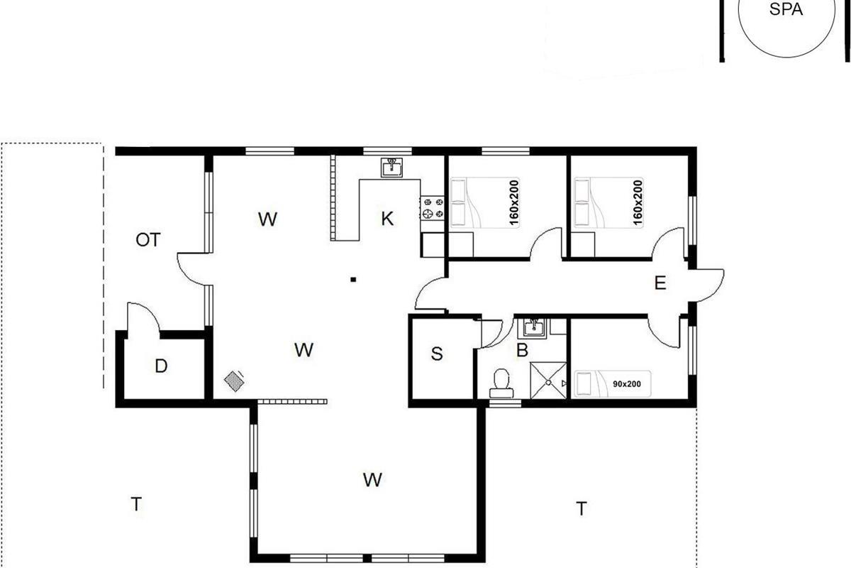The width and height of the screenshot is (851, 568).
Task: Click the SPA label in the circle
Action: (x=786, y=9)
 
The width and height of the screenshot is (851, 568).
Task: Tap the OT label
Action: (x=148, y=240)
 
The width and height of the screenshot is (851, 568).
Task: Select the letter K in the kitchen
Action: (x=387, y=219)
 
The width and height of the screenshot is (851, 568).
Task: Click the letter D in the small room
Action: (x=161, y=366)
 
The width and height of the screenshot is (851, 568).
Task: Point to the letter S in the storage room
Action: (x=437, y=354)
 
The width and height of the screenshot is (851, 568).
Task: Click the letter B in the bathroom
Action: (x=523, y=350)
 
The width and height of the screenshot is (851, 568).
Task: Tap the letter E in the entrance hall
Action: (x=660, y=283)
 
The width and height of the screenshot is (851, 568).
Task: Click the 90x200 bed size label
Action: (x=627, y=384)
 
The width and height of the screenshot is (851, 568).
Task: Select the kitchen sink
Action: (x=391, y=168)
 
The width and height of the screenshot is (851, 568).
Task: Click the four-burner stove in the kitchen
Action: (x=433, y=208)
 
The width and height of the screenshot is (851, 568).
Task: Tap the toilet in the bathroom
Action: (x=501, y=383)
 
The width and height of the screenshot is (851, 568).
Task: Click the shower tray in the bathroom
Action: (x=548, y=381)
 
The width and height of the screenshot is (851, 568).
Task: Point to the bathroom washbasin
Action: (x=534, y=328)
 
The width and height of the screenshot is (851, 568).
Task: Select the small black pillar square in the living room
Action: (x=353, y=280)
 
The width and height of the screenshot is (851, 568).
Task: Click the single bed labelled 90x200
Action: (x=613, y=384)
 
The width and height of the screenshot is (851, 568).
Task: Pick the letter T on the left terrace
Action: (x=136, y=505)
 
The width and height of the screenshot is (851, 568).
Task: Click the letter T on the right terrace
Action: (x=582, y=509)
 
